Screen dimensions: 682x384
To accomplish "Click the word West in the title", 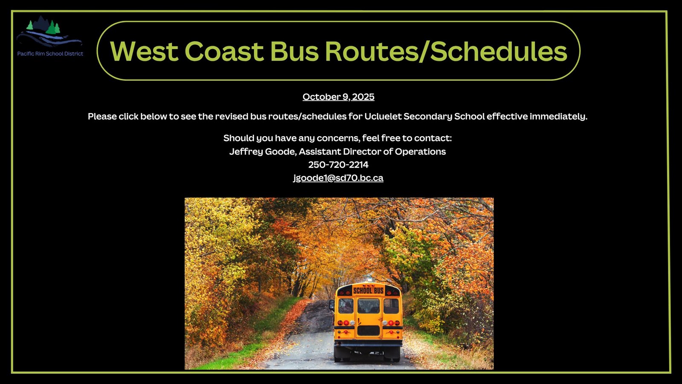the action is pyautogui.click(x=144, y=51).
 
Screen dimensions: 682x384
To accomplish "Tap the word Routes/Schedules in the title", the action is pyautogui.click(x=446, y=51).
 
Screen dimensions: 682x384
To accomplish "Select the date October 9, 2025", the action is pyautogui.click(x=338, y=96).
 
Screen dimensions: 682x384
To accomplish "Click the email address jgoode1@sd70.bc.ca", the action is pyautogui.click(x=338, y=177).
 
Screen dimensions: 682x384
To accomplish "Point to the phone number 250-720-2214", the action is pyautogui.click(x=338, y=165).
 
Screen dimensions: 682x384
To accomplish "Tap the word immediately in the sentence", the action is pyautogui.click(x=558, y=116).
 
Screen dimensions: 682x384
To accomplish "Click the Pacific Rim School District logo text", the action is pyautogui.click(x=50, y=54).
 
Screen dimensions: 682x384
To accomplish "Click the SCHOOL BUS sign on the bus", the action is pyautogui.click(x=368, y=291).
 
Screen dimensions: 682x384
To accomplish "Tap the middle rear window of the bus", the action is pyautogui.click(x=368, y=305).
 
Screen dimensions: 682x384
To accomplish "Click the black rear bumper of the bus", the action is pyautogui.click(x=368, y=343).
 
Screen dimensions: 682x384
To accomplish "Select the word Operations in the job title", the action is pyautogui.click(x=420, y=151).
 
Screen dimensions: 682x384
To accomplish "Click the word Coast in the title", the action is pyautogui.click(x=224, y=51).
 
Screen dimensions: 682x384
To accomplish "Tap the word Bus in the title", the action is pyautogui.click(x=295, y=51).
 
